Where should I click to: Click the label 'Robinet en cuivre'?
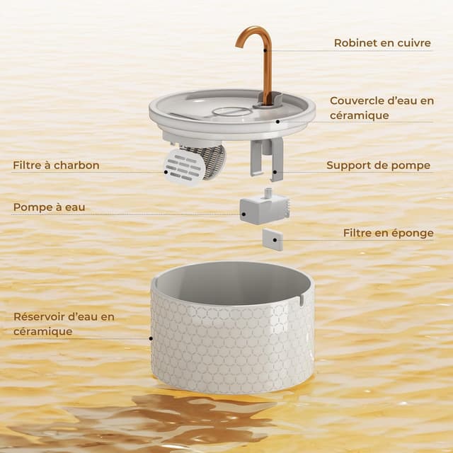(382, 43)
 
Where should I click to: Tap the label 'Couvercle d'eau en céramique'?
(382, 108)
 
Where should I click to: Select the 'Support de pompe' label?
(378, 166)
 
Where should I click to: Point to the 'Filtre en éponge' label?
(388, 233)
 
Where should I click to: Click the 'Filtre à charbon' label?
(56, 166)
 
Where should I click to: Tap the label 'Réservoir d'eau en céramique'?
(63, 323)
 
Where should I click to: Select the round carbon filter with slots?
(185, 166)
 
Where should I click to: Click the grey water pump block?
(263, 209)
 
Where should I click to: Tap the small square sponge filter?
(273, 239)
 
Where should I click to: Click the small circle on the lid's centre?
(232, 111)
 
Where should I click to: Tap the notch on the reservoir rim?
(300, 300)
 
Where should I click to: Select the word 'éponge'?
(413, 233)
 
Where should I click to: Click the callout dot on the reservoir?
(151, 338)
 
